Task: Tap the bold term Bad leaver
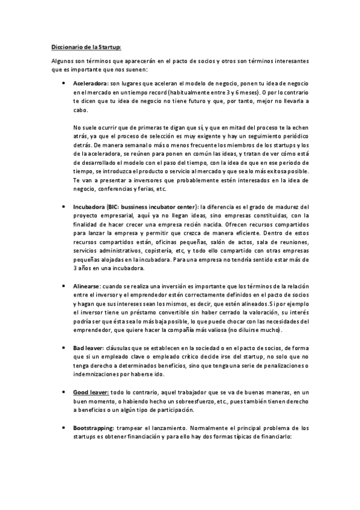pyautogui.click(x=88, y=348)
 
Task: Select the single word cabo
pyautogui.click(x=81, y=110)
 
